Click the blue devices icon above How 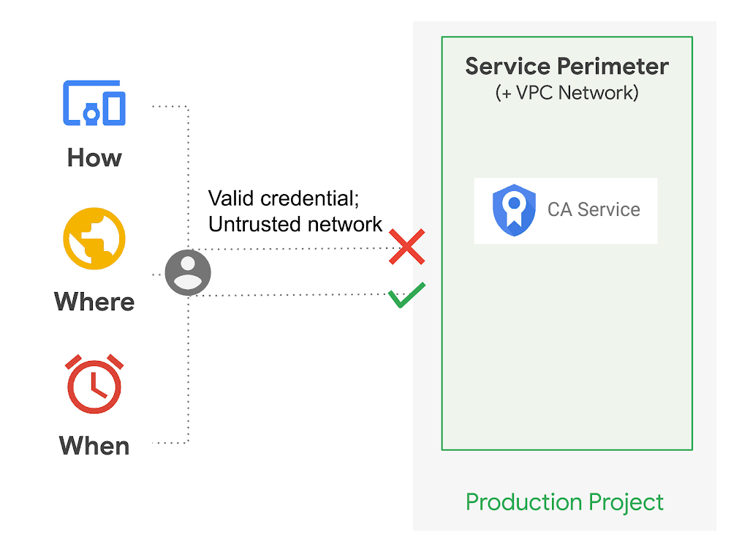[94, 103]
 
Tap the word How [94, 157]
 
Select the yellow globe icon [94, 239]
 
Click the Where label [94, 302]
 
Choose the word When [94, 446]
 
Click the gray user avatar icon [188, 272]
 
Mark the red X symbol [407, 247]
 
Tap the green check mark [406, 295]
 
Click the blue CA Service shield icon [514, 210]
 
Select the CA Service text [594, 210]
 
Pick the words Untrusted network [295, 224]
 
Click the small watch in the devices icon [91, 113]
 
